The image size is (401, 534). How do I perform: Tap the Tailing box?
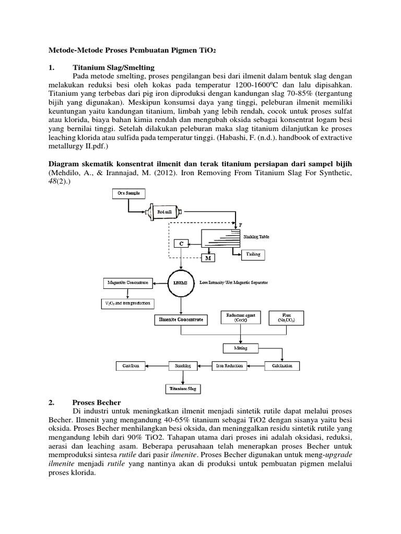(253, 254)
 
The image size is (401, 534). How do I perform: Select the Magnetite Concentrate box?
(127, 282)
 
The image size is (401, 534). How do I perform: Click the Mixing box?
(240, 347)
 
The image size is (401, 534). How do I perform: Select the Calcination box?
(282, 366)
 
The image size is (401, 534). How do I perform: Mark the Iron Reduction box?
(229, 366)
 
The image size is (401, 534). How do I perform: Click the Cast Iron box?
(129, 366)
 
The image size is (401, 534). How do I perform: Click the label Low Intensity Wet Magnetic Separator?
(233, 282)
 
